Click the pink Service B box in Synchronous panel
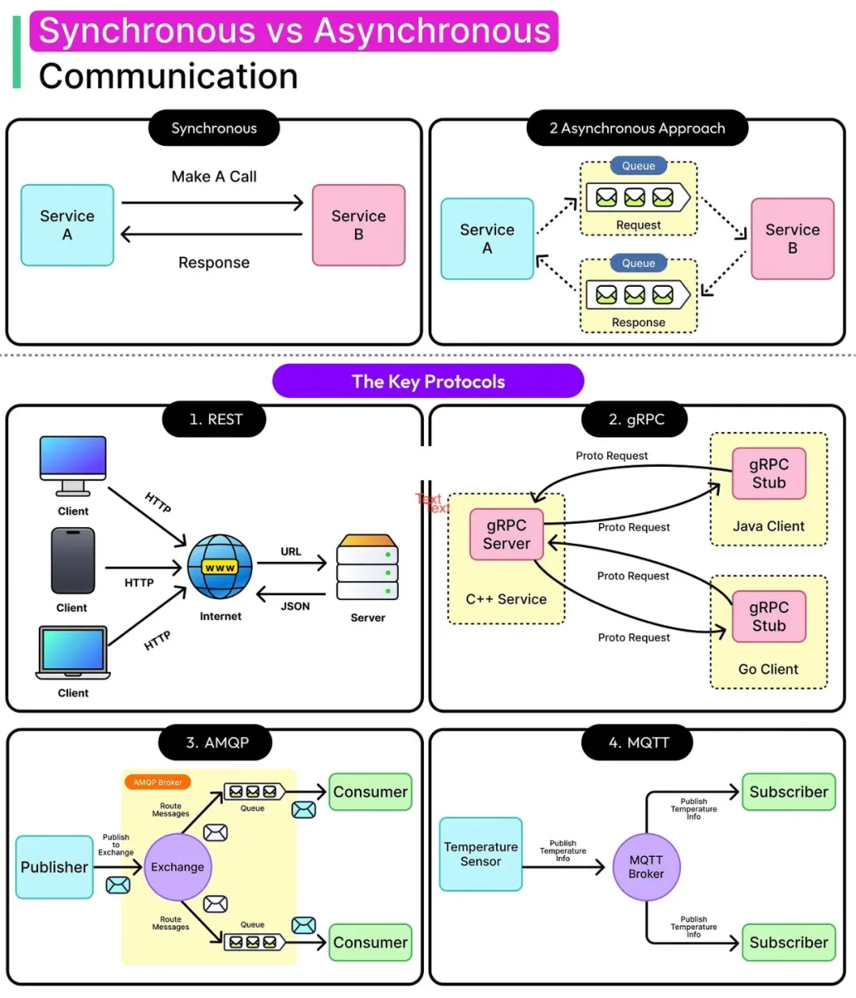[358, 225]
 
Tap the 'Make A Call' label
[214, 177]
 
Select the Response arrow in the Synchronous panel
[212, 234]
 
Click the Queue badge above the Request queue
[638, 166]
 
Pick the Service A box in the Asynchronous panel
[487, 239]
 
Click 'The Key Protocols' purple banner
[428, 381]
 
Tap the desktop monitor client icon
[73, 465]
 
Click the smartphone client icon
[73, 560]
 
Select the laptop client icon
[73, 652]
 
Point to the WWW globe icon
[220, 567]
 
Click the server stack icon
[368, 567]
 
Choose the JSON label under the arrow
[295, 606]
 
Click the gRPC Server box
[506, 534]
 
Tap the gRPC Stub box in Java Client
[769, 473]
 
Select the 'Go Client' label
[768, 669]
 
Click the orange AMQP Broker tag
[158, 782]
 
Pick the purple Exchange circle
[178, 867]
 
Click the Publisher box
[54, 867]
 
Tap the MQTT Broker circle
[646, 867]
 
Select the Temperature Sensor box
[480, 854]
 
